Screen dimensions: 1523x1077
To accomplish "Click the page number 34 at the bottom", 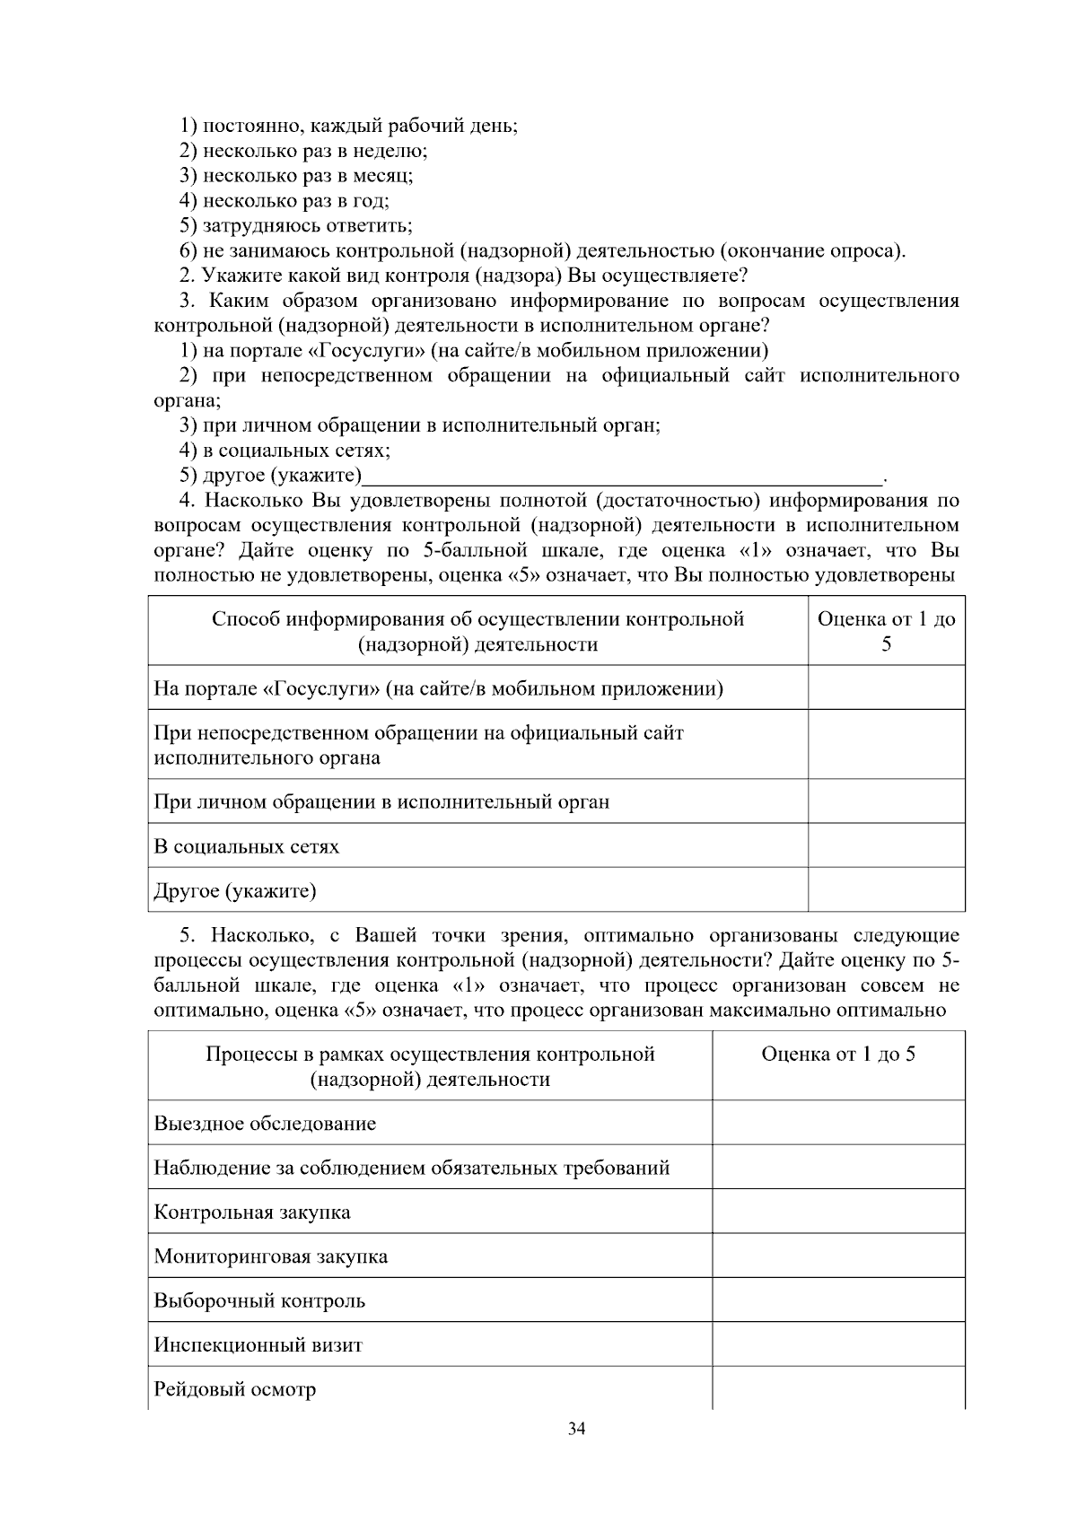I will point(577,1430).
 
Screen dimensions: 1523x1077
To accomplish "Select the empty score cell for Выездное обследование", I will point(838,1123).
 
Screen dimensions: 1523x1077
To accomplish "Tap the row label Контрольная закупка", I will point(252,1212).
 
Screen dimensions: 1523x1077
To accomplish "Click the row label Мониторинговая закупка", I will point(271,1256).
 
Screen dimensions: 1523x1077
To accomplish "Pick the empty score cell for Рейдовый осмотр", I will point(838,1388).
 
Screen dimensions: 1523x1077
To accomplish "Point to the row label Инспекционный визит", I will point(258,1345).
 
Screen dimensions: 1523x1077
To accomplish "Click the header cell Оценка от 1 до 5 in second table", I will point(838,1055).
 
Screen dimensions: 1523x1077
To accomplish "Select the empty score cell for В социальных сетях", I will point(886,845).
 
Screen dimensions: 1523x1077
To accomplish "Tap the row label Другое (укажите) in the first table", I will point(235,891).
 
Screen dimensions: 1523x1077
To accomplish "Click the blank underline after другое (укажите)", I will point(624,476).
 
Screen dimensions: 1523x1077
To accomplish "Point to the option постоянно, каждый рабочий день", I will point(349,126).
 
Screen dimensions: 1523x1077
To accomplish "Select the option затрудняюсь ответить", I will point(296,225).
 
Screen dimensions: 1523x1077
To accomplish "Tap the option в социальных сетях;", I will point(285,450).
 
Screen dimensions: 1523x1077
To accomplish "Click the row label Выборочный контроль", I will point(259,1301).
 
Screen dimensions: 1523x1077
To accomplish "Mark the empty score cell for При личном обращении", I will point(886,801).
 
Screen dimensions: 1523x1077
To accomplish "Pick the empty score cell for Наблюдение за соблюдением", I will point(838,1168).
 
